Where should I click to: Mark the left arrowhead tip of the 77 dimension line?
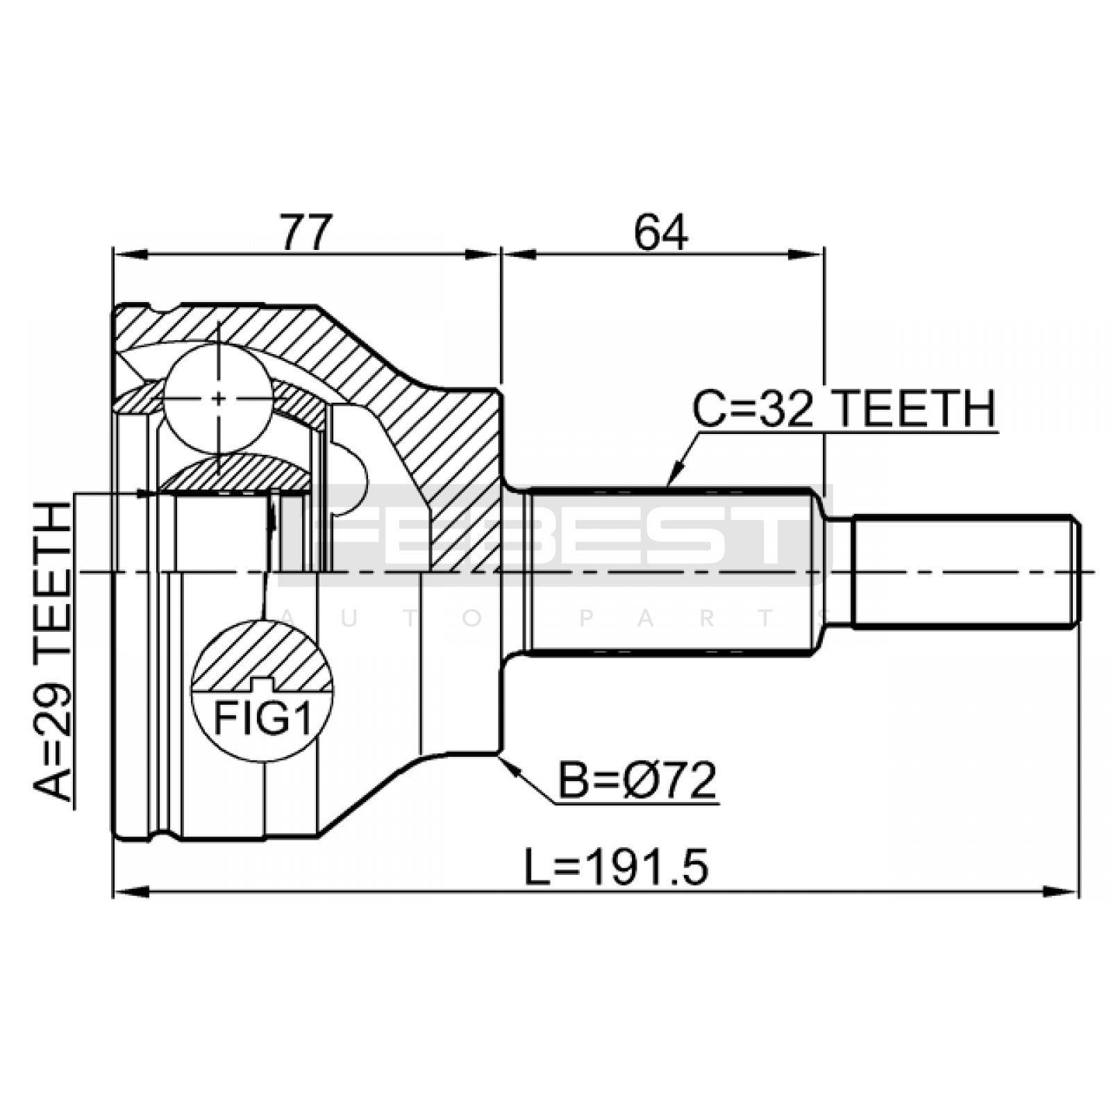coord(113,255)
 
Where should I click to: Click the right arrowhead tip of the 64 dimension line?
coord(824,255)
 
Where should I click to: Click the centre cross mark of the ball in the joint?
coord(218,399)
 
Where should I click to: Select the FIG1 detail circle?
coord(262,691)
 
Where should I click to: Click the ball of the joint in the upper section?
coord(218,399)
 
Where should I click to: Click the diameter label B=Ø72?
coord(637,780)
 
